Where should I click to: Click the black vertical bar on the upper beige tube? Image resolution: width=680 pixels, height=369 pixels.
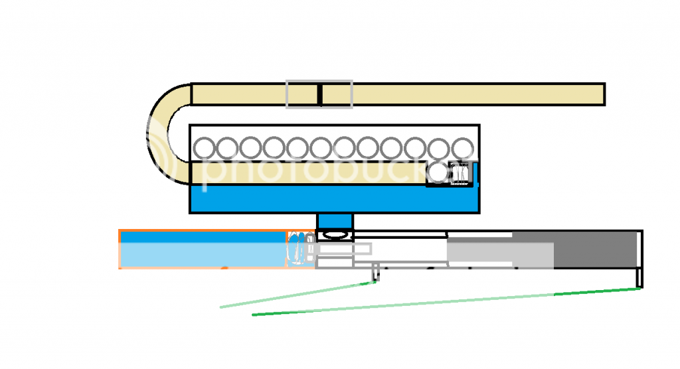pos(319,94)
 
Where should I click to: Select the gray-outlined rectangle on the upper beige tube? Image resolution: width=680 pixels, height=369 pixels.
pos(302,94)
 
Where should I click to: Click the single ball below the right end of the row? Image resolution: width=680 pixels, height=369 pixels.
pos(438,173)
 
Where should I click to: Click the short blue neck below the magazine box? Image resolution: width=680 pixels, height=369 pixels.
pos(335,221)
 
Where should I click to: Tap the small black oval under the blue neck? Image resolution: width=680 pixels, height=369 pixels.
pos(335,234)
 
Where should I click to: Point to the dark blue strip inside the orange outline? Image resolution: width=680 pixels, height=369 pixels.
pos(203,237)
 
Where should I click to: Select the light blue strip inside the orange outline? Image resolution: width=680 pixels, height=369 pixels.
pos(203,255)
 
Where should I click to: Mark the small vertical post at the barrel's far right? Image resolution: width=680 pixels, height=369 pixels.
pos(639,277)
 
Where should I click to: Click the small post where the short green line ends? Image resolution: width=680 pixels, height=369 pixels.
pos(375,272)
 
